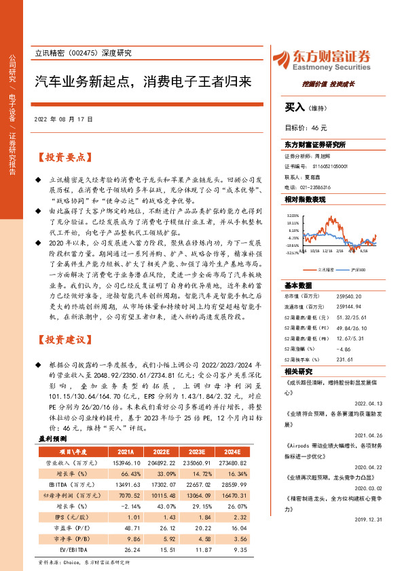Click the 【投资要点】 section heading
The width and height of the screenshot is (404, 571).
(x=64, y=157)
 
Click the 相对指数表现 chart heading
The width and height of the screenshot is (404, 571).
(x=305, y=199)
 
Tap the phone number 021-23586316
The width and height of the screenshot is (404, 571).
(x=317, y=186)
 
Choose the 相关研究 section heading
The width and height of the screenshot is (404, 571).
(x=299, y=371)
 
